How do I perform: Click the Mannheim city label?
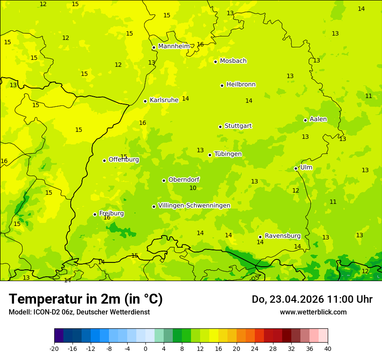tap(174, 46)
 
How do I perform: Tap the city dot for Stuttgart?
tap(220, 127)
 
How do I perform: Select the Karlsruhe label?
tap(164, 100)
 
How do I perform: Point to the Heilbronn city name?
tap(241, 85)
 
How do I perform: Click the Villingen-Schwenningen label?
tap(194, 206)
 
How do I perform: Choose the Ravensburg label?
tap(283, 236)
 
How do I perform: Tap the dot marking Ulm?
tap(296, 168)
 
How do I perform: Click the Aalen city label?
tap(318, 119)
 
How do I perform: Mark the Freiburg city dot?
tap(95, 214)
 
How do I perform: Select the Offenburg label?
tap(124, 160)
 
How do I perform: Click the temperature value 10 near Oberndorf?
tap(193, 188)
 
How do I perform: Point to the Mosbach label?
tap(233, 61)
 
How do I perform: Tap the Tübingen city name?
tap(228, 154)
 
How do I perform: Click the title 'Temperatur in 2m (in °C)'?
tap(86, 299)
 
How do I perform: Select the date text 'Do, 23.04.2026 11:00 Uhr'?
tap(312, 299)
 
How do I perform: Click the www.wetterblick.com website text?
tap(313, 312)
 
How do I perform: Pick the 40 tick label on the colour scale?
tap(327, 348)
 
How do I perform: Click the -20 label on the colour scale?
tap(54, 348)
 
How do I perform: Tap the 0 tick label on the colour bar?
tap(145, 348)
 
